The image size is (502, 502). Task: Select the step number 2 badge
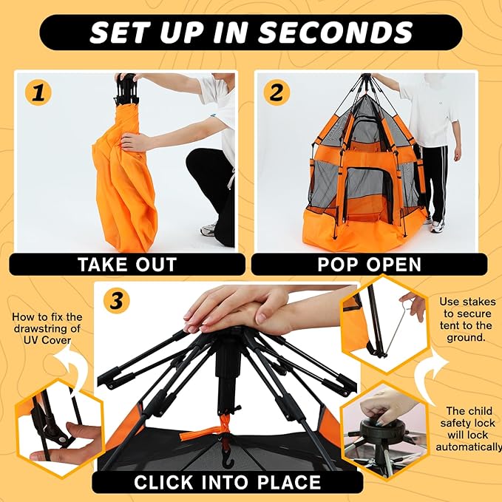point(277,93)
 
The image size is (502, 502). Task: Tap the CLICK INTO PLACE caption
point(227,482)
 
